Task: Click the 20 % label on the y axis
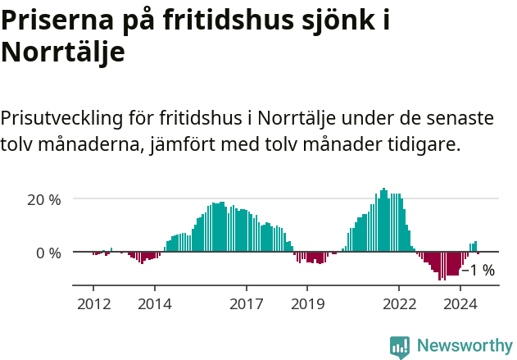pyautogui.click(x=44, y=199)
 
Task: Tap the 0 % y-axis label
pyautogui.click(x=48, y=253)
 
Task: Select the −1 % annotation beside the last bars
pyautogui.click(x=478, y=271)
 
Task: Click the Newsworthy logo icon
pyautogui.click(x=400, y=347)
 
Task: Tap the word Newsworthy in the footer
pyautogui.click(x=465, y=346)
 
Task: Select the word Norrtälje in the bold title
pyautogui.click(x=63, y=52)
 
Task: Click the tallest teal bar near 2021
pyautogui.click(x=383, y=220)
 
